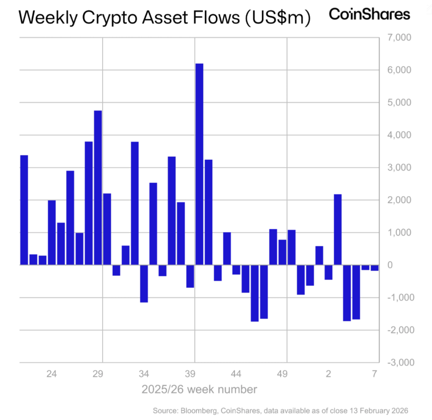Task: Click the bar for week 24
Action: pos(52,232)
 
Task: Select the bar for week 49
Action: pos(282,252)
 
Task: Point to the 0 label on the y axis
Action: pos(408,265)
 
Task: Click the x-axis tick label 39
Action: pos(190,374)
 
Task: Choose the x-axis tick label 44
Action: pos(236,374)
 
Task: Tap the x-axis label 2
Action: pos(328,374)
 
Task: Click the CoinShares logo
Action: pos(369,14)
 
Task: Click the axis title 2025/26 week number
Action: pos(199,389)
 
